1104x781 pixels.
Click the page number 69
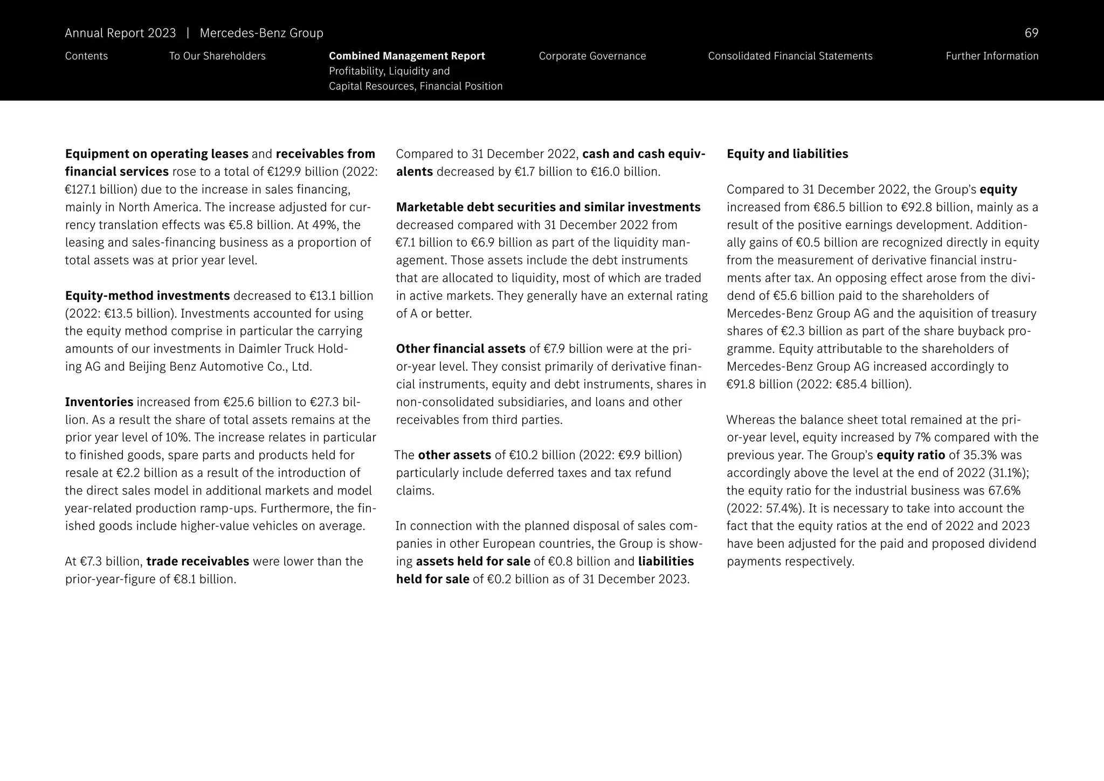(x=1031, y=33)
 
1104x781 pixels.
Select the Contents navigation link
(x=86, y=56)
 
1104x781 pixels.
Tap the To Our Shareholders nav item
(x=217, y=56)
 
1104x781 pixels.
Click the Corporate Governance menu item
(x=592, y=56)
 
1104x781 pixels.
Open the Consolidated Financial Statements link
(x=790, y=56)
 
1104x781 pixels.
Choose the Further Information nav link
(x=991, y=56)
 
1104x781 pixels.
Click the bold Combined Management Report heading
(x=406, y=56)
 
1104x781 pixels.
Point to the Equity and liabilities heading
(x=787, y=154)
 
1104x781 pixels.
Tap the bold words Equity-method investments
(x=147, y=296)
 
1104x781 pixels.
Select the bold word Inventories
(x=99, y=402)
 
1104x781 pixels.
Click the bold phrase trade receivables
(x=197, y=561)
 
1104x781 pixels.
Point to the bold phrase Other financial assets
(x=460, y=349)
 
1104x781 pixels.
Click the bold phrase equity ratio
(x=910, y=455)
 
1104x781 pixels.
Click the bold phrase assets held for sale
(x=473, y=561)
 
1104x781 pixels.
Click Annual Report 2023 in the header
(x=120, y=33)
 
